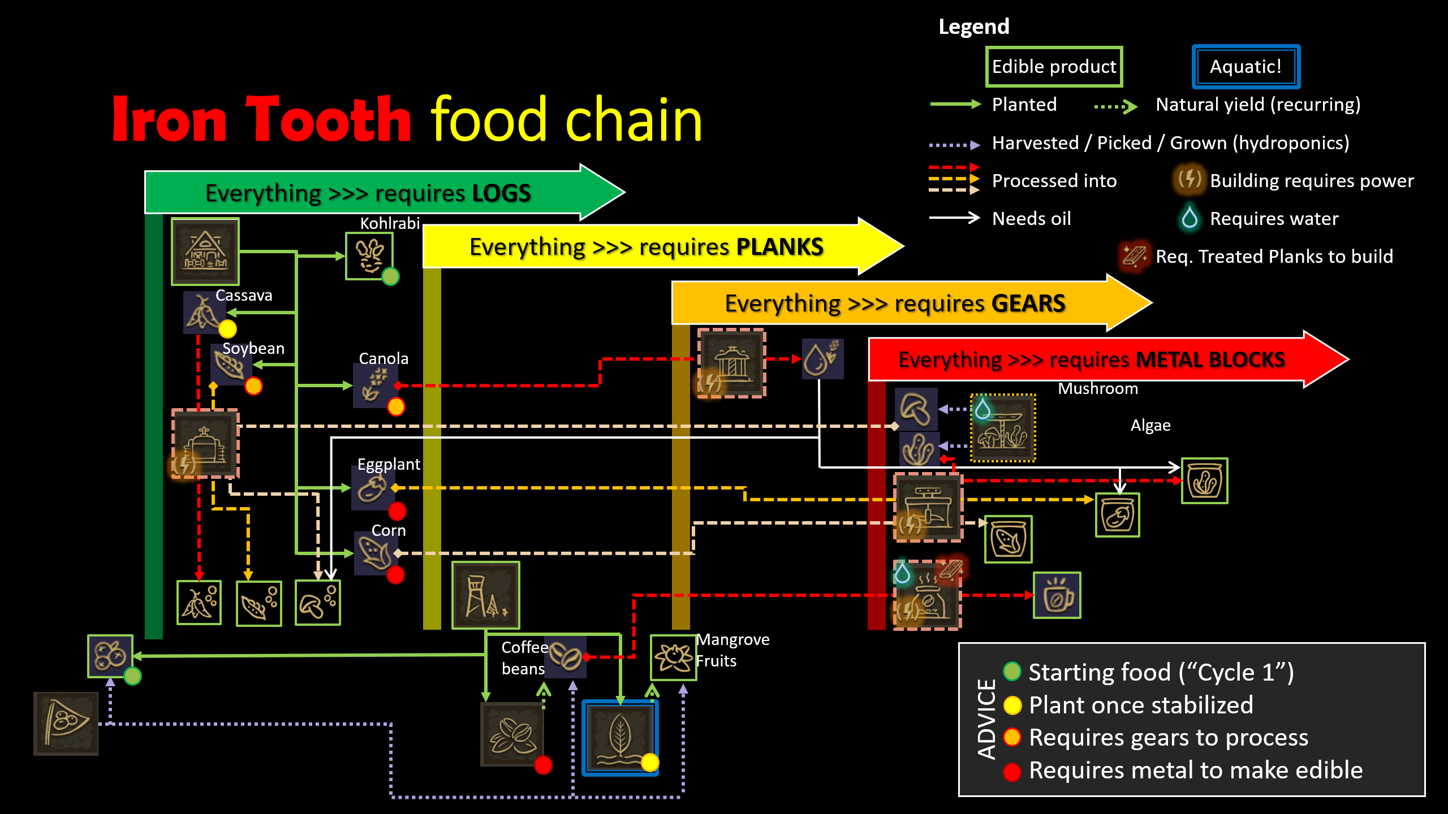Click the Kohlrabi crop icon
tap(369, 256)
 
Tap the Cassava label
tap(244, 296)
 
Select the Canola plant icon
tap(373, 384)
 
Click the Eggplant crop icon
tap(371, 488)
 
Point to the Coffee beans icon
tap(565, 656)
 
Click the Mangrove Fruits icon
tap(673, 657)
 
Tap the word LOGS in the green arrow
tap(501, 193)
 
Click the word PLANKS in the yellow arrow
tap(779, 247)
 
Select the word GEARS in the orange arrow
tap(1028, 304)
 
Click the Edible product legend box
tap(1054, 67)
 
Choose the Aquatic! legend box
tap(1246, 67)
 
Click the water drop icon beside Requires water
tap(1190, 218)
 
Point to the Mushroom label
tap(1097, 389)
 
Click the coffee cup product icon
tap(1057, 595)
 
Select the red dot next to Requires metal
tap(1012, 771)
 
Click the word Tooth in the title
tap(328, 120)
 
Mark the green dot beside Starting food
tap(1012, 672)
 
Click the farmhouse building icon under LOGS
tap(205, 252)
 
